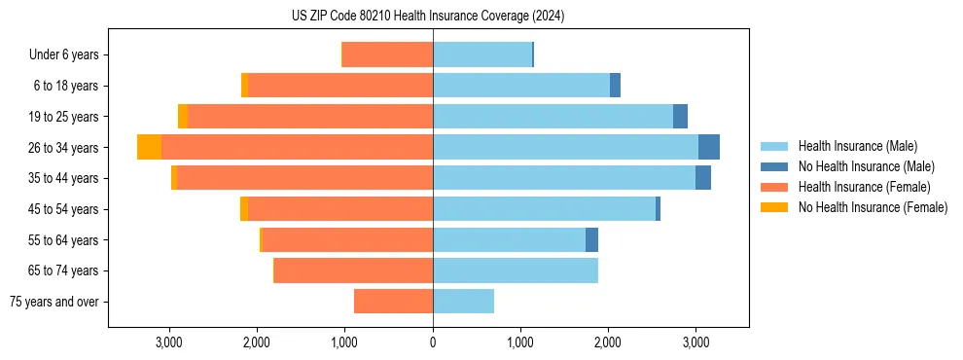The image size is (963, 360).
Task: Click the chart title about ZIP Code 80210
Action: (427, 17)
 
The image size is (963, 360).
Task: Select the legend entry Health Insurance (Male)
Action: (852, 146)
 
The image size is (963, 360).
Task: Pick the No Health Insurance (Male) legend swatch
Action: (774, 166)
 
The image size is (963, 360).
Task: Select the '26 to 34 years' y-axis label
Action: (63, 148)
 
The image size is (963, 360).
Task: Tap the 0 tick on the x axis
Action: (433, 342)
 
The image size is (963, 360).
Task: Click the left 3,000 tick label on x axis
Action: (169, 342)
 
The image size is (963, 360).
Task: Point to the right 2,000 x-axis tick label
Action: (608, 342)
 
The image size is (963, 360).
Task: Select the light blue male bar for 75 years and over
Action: (463, 302)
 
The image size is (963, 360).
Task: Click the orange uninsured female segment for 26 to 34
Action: (149, 148)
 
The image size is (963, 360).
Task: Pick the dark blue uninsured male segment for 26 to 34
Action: (709, 148)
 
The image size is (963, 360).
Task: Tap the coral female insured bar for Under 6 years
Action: (387, 55)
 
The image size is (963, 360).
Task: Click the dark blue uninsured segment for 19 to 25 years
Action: (681, 117)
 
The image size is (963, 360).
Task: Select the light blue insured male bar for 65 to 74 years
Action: (516, 270)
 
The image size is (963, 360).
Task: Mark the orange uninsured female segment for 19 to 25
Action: (183, 117)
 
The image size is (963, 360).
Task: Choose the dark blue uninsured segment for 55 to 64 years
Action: (591, 240)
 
